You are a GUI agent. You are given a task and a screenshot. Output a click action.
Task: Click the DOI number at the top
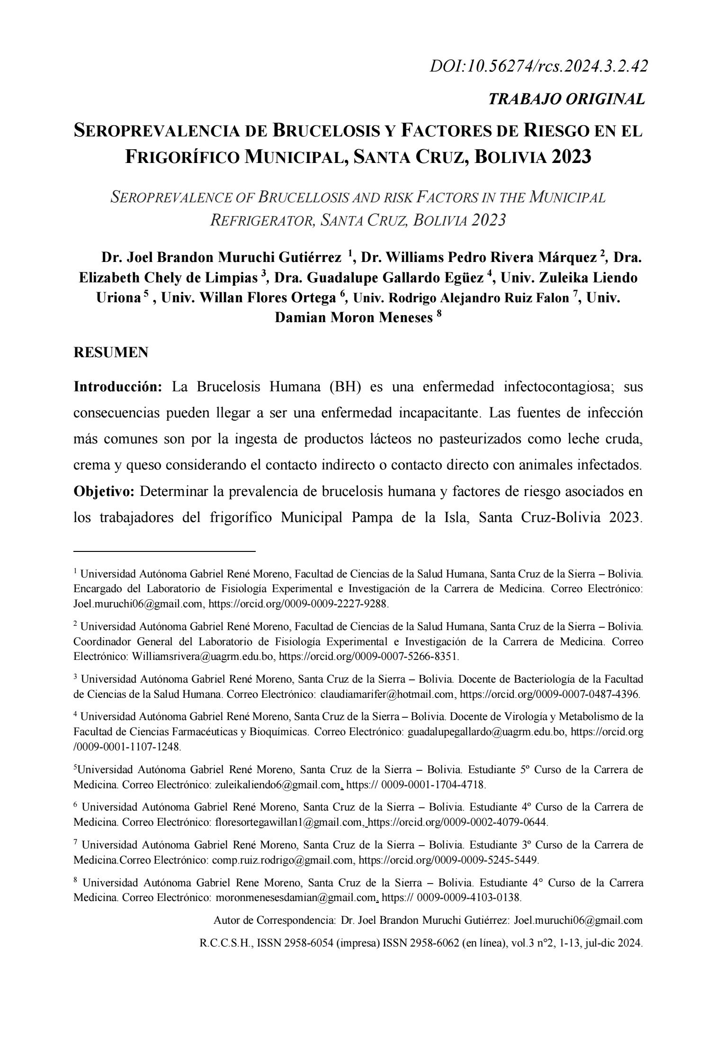coord(538,66)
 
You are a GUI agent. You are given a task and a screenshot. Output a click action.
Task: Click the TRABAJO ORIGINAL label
coord(566,99)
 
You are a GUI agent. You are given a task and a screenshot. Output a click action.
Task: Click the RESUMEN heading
coord(111,352)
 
